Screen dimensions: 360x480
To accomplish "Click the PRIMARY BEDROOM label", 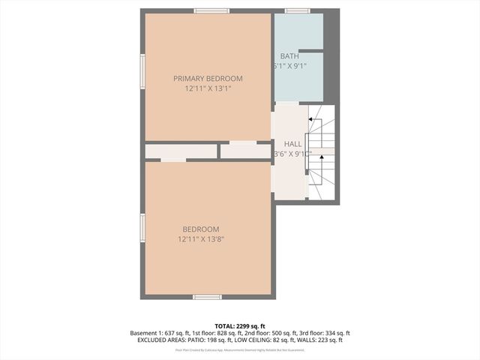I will pos(208,79).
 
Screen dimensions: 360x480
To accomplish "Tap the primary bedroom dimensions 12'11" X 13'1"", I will pos(208,88).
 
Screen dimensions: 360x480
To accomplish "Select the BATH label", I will pos(289,56).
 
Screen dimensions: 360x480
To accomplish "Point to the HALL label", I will pos(292,143).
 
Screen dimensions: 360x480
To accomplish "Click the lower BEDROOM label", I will pos(200,229).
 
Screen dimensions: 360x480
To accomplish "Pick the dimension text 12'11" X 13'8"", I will pos(201,239).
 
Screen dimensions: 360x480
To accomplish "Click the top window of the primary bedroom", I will pos(211,10).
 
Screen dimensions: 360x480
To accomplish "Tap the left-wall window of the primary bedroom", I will pos(142,72).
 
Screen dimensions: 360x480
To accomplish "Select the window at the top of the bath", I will pos(297,10).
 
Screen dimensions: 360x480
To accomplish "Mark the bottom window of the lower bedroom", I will pos(207,297).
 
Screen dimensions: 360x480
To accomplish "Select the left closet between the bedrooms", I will pos(181,151).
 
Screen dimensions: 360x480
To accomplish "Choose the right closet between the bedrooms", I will pos(245,151).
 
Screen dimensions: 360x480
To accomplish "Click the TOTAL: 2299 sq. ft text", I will pos(240,326).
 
